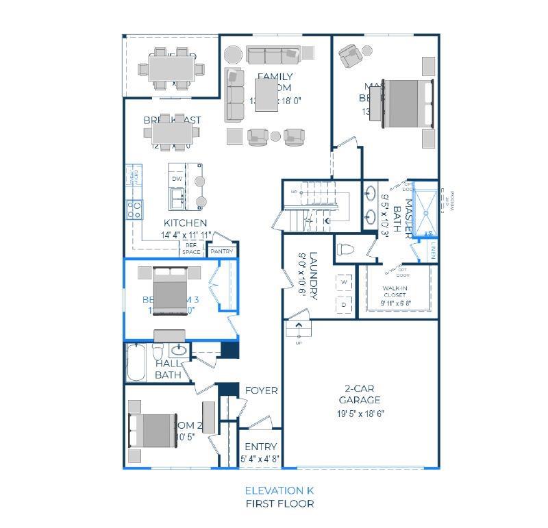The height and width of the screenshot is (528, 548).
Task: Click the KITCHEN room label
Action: [x=185, y=223]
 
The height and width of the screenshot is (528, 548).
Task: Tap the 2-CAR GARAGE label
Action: [x=360, y=395]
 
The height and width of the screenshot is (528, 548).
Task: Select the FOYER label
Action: [x=261, y=390]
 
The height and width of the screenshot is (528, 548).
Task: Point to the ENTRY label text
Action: [x=260, y=447]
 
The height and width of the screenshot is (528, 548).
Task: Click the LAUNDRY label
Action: [x=313, y=276]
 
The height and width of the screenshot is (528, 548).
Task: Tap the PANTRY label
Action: [x=222, y=251]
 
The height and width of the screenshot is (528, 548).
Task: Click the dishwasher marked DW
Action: [x=177, y=179]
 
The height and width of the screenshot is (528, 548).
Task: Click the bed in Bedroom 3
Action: [x=170, y=290]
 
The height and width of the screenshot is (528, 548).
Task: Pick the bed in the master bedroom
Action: [x=407, y=103]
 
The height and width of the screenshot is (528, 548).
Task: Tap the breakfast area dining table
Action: [x=172, y=131]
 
